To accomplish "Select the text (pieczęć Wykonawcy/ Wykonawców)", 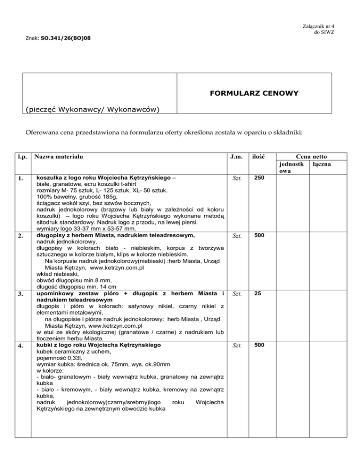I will [x=92, y=110].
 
